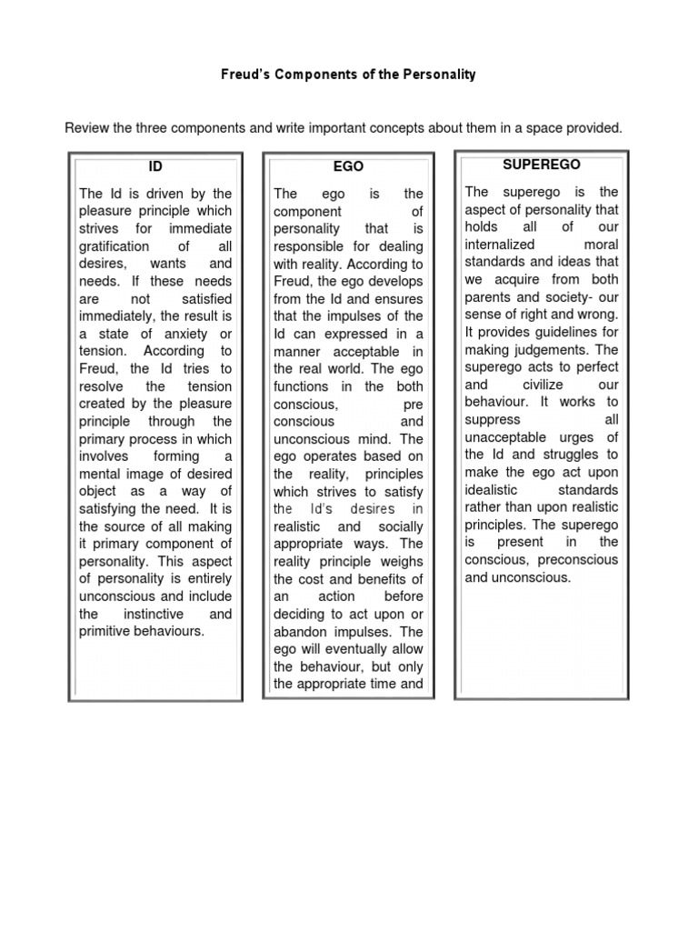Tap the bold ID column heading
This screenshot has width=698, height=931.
pos(156,167)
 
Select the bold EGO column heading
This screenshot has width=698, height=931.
pos(348,167)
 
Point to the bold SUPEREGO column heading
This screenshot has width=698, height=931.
pos(541,165)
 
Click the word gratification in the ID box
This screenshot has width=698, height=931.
pos(115,246)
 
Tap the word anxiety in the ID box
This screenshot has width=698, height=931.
pos(186,334)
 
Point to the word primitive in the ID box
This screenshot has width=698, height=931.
pos(107,631)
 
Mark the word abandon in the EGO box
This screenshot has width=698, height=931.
pos(298,631)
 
